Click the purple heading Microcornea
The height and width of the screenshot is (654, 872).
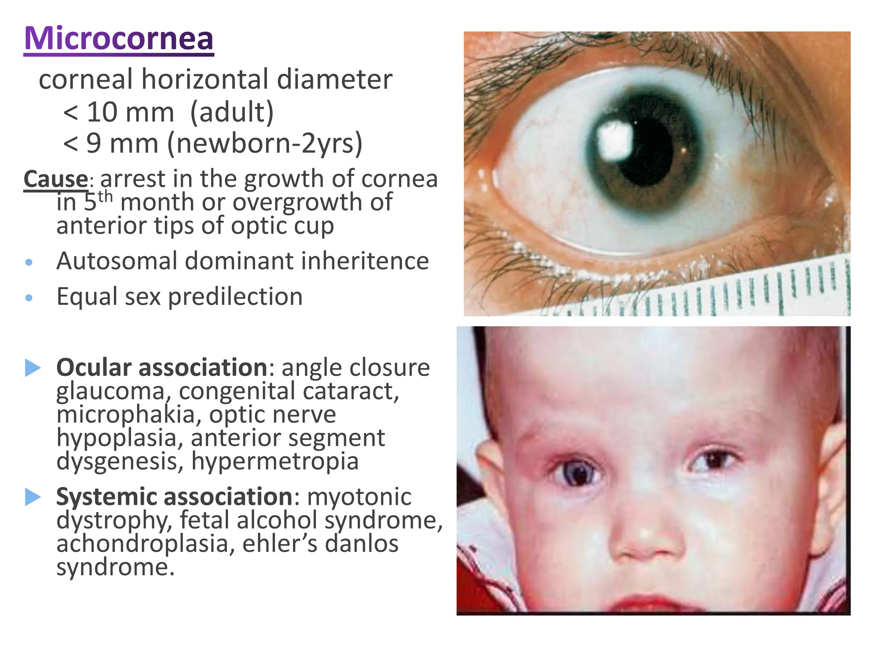point(119,39)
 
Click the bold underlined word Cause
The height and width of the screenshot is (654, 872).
point(56,179)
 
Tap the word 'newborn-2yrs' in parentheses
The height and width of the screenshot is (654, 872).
point(264,143)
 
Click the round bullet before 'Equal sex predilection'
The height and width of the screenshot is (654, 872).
point(29,298)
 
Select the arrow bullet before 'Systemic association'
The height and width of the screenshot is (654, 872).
point(33,497)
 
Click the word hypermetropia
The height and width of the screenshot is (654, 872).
point(275,461)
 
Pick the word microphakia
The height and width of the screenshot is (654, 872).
point(126,414)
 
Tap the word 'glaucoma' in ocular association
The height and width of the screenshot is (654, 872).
point(110,392)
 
